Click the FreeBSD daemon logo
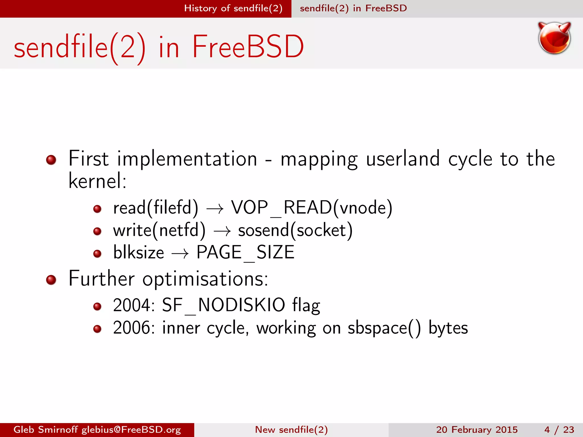click(x=554, y=38)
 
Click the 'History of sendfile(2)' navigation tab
click(x=233, y=8)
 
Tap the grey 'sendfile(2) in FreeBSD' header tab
click(x=353, y=8)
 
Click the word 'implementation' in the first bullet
click(x=187, y=159)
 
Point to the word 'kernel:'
click(x=97, y=181)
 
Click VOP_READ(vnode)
click(x=311, y=208)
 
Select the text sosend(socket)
click(x=295, y=230)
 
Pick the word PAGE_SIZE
click(x=245, y=252)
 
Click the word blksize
click(x=139, y=252)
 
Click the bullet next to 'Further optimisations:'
click(x=51, y=280)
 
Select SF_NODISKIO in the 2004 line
click(x=223, y=305)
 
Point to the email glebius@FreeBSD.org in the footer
click(x=131, y=430)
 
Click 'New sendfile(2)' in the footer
click(x=291, y=430)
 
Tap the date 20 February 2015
click(x=477, y=430)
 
